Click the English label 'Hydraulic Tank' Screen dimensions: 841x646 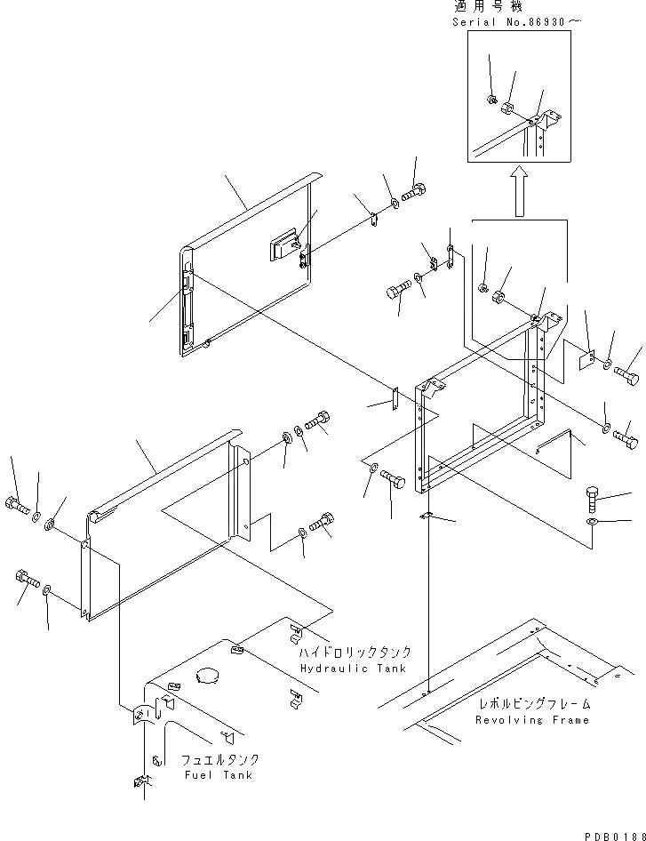[353, 668]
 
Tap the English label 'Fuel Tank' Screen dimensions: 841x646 [218, 774]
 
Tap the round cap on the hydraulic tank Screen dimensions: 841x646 [211, 675]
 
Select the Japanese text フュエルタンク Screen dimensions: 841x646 [219, 760]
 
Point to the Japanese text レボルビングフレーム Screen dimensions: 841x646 [533, 704]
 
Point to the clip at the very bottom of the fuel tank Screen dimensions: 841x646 [140, 782]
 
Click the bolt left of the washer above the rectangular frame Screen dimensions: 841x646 [396, 290]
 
